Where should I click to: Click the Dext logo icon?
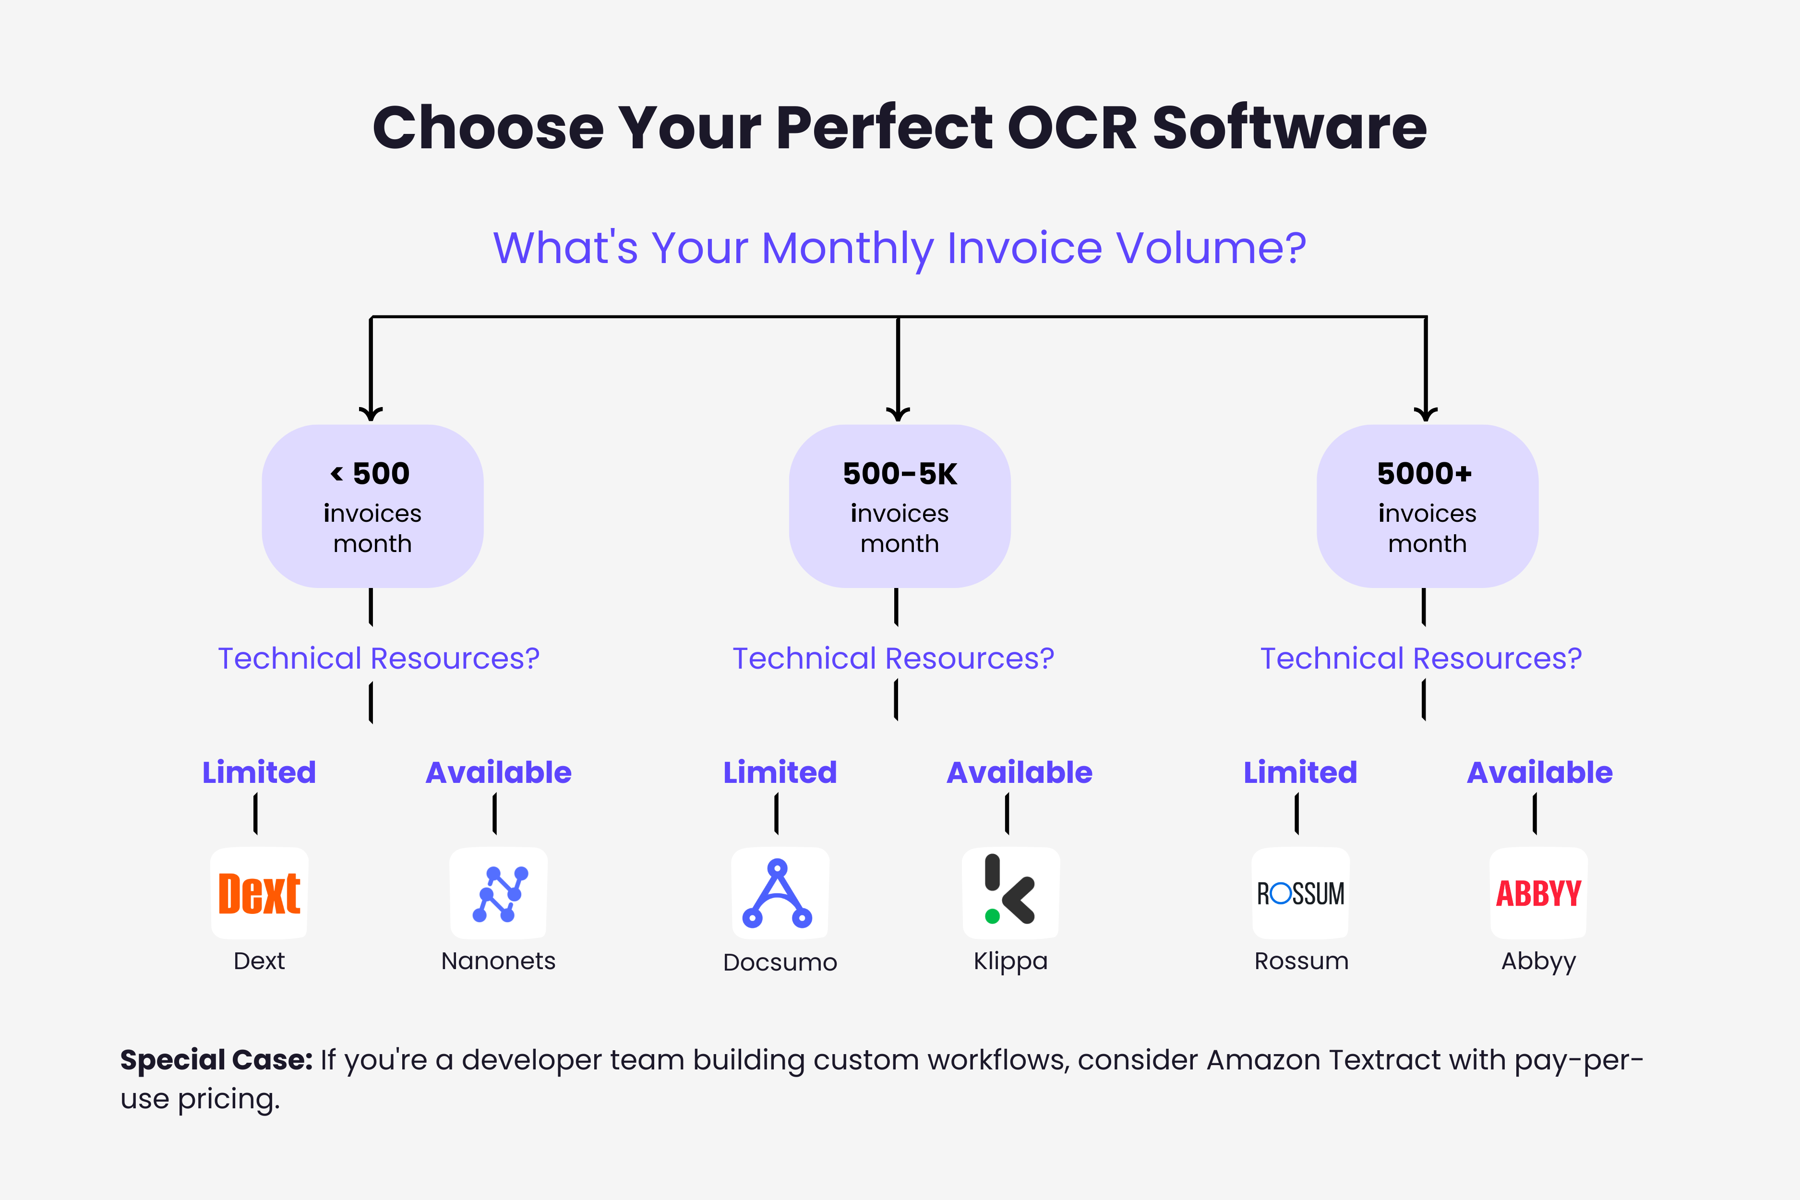pyautogui.click(x=259, y=893)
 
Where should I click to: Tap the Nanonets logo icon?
pyautogui.click(x=498, y=893)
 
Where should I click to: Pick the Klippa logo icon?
pyautogui.click(x=1010, y=893)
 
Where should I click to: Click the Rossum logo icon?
pyautogui.click(x=1300, y=893)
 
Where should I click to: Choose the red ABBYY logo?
pyautogui.click(x=1538, y=893)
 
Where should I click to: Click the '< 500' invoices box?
pyautogui.click(x=372, y=506)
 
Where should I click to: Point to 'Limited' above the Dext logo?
pyautogui.click(x=259, y=772)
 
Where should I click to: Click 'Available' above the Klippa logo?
pyautogui.click(x=1020, y=772)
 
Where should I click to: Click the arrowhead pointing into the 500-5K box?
pyautogui.click(x=898, y=415)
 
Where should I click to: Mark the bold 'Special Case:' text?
pyautogui.click(x=216, y=1060)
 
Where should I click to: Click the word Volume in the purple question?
pyautogui.click(x=1211, y=249)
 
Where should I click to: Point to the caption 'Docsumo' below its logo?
pyautogui.click(x=780, y=962)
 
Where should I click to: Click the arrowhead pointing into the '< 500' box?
pyautogui.click(x=371, y=415)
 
